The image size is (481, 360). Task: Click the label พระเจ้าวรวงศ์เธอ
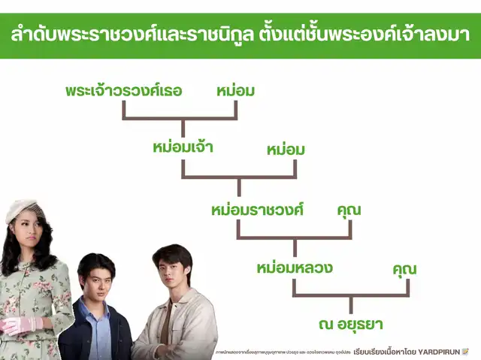pyautogui.click(x=135, y=91)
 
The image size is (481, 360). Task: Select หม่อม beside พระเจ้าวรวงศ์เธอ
pyautogui.click(x=235, y=91)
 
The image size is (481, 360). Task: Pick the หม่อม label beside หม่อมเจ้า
pyautogui.click(x=286, y=150)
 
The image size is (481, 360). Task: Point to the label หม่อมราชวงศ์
pyautogui.click(x=257, y=210)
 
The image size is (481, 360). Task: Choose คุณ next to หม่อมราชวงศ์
pyautogui.click(x=349, y=210)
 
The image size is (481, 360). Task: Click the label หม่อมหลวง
pyautogui.click(x=294, y=267)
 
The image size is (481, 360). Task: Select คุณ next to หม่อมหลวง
pyautogui.click(x=404, y=268)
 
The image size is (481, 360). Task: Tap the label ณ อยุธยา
pyautogui.click(x=350, y=325)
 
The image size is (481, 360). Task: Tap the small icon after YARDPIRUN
pyautogui.click(x=465, y=351)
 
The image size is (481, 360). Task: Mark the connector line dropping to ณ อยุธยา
pyautogui.click(x=351, y=304)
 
